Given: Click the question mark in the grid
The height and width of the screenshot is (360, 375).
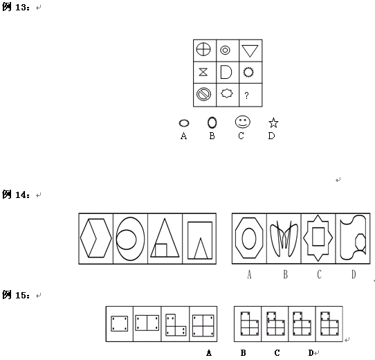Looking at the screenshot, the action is coord(246,96).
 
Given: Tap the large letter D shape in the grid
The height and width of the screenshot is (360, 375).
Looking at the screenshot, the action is coord(226,72).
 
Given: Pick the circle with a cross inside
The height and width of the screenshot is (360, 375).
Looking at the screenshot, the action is coord(203,49).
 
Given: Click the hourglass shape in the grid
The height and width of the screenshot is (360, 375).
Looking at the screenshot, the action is coord(203,72).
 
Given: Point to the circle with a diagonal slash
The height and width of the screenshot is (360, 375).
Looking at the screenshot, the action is coord(204,94).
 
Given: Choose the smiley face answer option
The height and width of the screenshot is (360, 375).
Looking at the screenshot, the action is coord(243,122).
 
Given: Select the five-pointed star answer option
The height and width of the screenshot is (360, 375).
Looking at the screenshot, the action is coord(273,123).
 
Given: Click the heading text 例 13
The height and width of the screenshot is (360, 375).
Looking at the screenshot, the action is coord(16,7).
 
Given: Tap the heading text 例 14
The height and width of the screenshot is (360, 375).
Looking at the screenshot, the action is coord(16,195).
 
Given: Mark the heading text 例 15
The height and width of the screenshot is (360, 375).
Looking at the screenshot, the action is coord(16,295).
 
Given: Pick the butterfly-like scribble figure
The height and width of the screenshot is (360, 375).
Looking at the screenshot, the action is coord(284,239).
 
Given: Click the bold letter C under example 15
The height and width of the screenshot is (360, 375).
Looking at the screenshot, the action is coord(277,353).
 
